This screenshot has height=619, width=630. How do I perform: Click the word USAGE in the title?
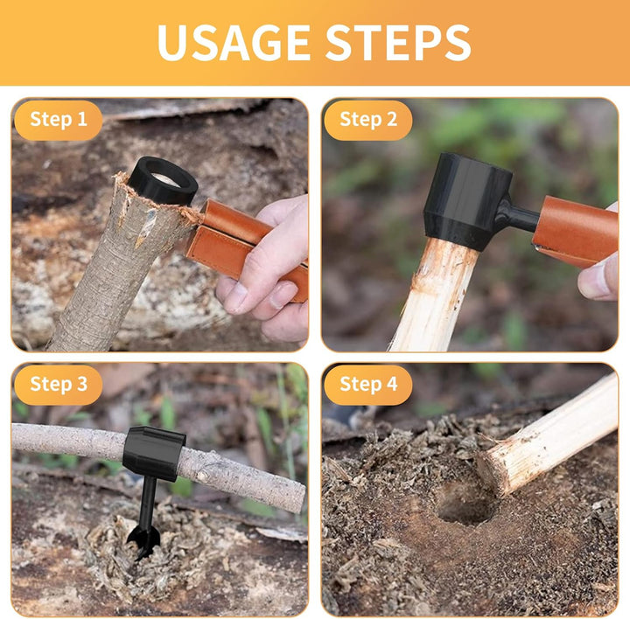pos(234,42)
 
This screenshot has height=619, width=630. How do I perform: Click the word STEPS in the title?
pos(398,42)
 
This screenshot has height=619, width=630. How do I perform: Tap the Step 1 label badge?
pos(59,120)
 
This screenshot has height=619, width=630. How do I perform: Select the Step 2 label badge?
pos(368,120)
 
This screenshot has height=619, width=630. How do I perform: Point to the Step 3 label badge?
pos(59,384)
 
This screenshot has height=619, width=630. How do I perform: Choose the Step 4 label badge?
pos(368,384)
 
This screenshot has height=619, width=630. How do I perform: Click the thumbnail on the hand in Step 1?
pos(236,296)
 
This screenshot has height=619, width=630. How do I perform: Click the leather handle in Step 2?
pos(575,231)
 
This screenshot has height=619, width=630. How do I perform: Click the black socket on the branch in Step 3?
pos(152,453)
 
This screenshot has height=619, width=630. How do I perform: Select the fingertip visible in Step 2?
pos(597,281)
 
